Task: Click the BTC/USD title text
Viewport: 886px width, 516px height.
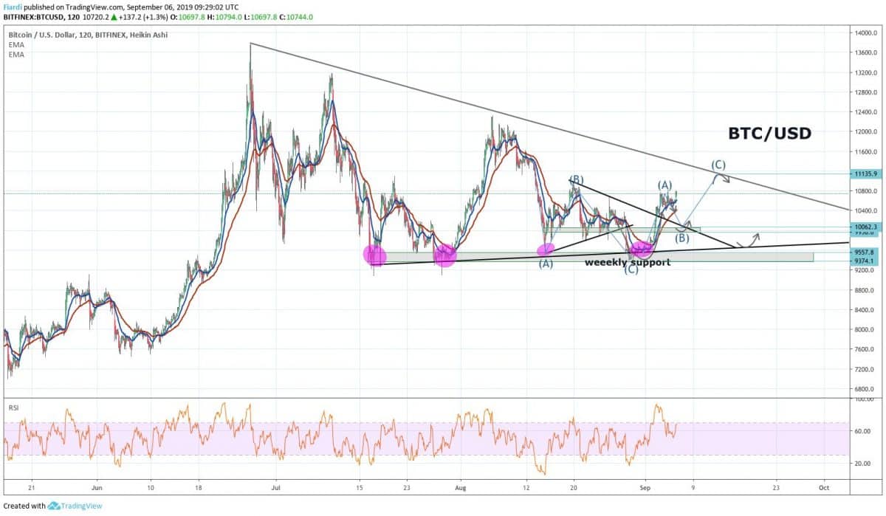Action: coord(769,134)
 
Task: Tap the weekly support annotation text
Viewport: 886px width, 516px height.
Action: coord(628,262)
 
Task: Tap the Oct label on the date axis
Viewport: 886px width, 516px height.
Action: coord(825,488)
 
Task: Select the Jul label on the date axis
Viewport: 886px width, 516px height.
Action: coord(276,488)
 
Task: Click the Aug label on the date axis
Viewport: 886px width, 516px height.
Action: coord(461,488)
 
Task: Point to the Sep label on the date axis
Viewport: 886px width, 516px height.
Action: coord(645,488)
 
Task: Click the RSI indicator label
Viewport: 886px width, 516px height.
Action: coord(13,407)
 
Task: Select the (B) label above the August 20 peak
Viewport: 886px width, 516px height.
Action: coord(577,179)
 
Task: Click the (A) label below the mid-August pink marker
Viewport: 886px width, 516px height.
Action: coord(546,262)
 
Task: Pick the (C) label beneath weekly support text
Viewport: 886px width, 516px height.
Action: coord(631,271)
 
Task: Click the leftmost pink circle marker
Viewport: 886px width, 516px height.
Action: coord(375,255)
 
